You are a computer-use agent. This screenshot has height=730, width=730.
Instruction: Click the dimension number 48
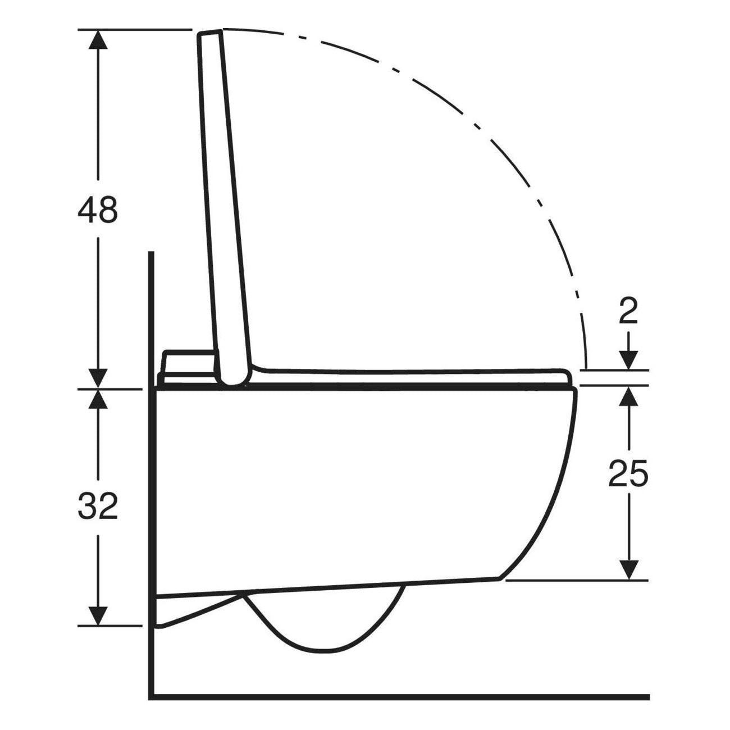pyautogui.click(x=97, y=209)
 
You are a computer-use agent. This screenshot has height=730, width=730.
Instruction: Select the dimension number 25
pyautogui.click(x=628, y=473)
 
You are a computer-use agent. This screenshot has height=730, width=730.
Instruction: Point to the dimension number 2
pyautogui.click(x=628, y=312)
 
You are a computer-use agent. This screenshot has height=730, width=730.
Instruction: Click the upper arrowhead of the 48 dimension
pyautogui.click(x=98, y=39)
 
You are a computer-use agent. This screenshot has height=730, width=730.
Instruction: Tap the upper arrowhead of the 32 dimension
pyautogui.click(x=98, y=399)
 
